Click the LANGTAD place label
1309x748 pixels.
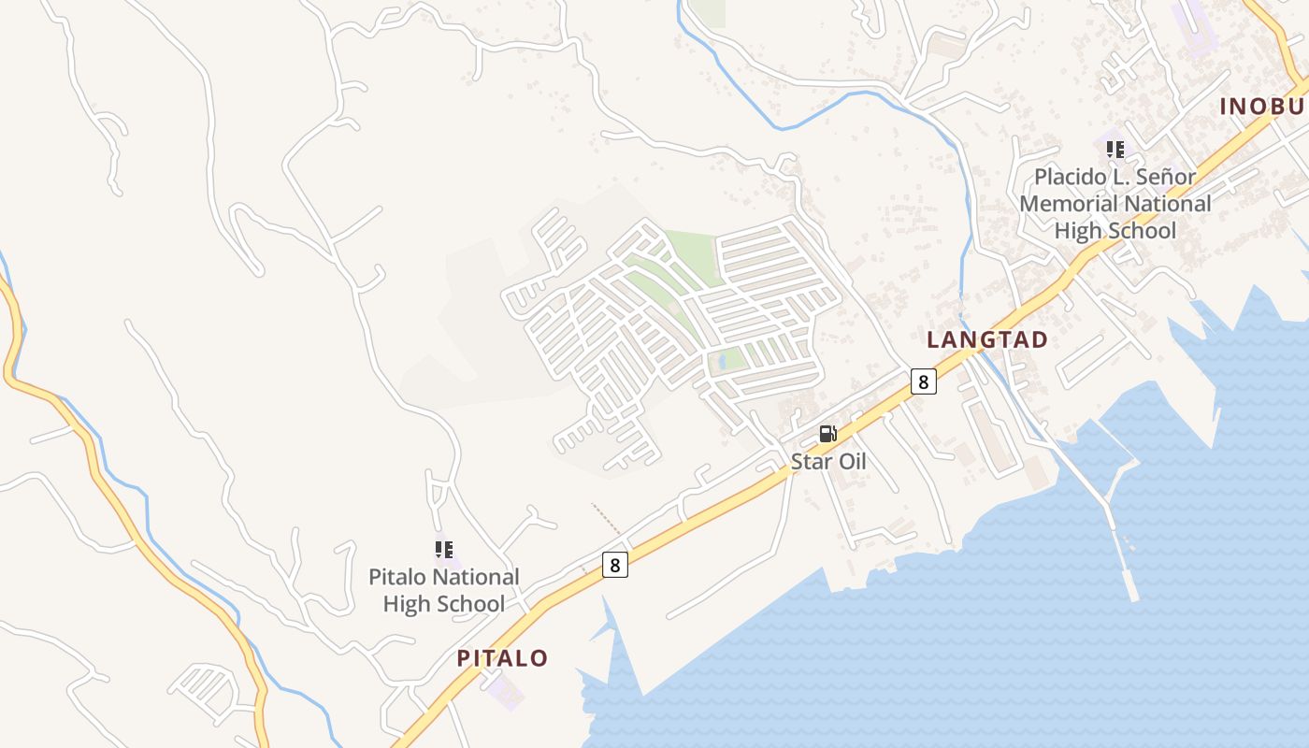coord(986,339)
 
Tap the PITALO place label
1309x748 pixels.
coord(502,658)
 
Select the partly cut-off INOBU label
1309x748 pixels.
coord(1262,107)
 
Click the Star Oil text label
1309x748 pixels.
coord(828,461)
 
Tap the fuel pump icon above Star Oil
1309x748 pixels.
coord(827,434)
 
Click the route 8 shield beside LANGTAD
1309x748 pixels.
coord(923,381)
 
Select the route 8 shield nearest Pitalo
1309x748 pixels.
coord(614,565)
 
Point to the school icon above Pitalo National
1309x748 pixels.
coord(444,550)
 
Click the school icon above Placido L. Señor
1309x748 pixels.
coord(1115,149)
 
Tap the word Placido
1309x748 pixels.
coord(1068,177)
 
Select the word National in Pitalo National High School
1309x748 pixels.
coord(475,577)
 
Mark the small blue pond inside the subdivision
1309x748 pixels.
coord(722,362)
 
